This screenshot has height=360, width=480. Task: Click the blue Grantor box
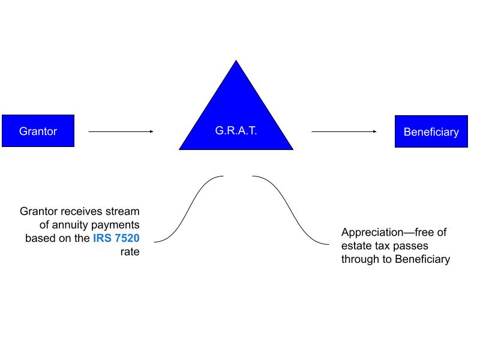pos(38,131)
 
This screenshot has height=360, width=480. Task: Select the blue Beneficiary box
pos(431,131)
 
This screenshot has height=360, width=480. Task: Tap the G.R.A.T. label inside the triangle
pos(236,131)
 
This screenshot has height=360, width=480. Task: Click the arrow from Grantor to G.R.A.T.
pos(121,131)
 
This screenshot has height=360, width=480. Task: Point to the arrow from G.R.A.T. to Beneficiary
pos(344,131)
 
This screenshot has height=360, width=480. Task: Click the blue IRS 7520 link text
pos(116,238)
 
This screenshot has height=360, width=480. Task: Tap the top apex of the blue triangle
pos(236,61)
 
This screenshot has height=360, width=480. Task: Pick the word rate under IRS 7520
pos(130,251)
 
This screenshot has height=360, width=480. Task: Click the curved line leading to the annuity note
pos(188,209)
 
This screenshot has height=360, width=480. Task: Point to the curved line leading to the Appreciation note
pos(290,211)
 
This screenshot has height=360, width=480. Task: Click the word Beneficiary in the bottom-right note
pos(423,259)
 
